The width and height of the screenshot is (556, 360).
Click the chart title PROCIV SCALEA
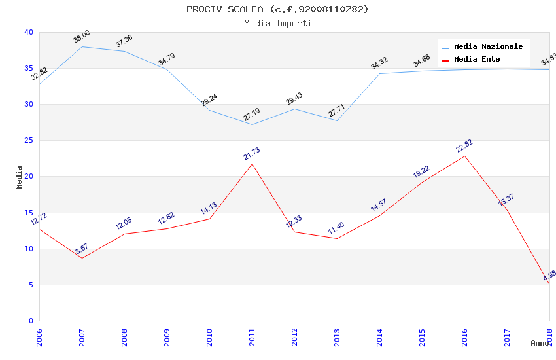coord(277,9)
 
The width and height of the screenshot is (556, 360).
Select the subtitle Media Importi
coord(277,23)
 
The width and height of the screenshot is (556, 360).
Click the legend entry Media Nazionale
coord(488,47)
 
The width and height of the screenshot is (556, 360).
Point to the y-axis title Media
coord(20,177)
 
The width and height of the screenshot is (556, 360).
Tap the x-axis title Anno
coord(540,343)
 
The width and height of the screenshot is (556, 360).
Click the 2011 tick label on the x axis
coord(252,338)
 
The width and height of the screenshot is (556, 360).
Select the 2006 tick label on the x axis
coord(40,338)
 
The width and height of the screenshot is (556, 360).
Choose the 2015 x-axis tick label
coord(423,338)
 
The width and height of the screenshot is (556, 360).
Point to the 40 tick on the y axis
coord(28,32)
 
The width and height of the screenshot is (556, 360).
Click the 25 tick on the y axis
coord(28,141)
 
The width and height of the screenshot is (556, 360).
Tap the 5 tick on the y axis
coord(30,285)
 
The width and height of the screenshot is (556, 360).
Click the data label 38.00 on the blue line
coord(82,37)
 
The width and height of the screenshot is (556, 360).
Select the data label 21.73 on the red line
coord(252,154)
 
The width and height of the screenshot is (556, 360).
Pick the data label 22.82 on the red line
coord(464,146)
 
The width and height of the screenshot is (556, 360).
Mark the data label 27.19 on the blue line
coord(252,115)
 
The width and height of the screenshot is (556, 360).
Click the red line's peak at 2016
coord(464,156)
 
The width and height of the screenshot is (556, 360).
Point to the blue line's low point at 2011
coord(252,124)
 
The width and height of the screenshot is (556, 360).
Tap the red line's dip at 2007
coord(82,258)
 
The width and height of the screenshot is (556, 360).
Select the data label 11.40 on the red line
coord(336,228)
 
